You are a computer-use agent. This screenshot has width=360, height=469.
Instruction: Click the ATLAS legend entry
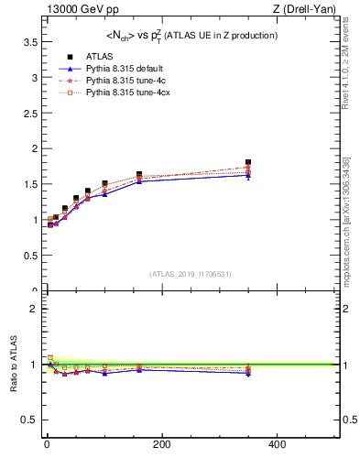[x=100, y=56]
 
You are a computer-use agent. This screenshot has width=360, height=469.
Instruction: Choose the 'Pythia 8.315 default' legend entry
[x=124, y=69]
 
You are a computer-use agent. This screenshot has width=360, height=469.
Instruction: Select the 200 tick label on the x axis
[x=161, y=444]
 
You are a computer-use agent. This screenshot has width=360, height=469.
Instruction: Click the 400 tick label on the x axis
[x=277, y=444]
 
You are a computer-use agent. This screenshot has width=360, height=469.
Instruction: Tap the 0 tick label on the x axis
[x=47, y=444]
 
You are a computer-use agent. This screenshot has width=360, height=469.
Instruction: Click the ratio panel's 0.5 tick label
[x=28, y=420]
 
